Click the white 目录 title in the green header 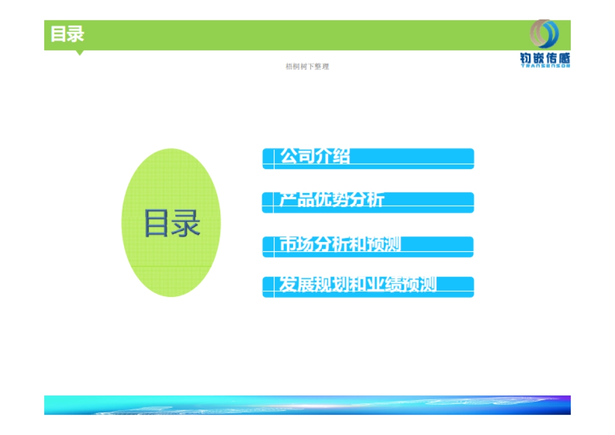pyautogui.click(x=67, y=34)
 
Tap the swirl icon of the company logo pyautogui.click(x=544, y=34)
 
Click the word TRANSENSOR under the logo pyautogui.click(x=545, y=66)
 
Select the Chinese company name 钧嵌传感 pyautogui.click(x=545, y=58)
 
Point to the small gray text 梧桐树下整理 pyautogui.click(x=307, y=67)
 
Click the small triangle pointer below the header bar pyautogui.click(x=79, y=52)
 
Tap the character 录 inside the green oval pyautogui.click(x=186, y=223)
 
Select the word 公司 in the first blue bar pyautogui.click(x=297, y=155)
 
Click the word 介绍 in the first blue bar pyautogui.click(x=333, y=155)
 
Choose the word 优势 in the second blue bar pyautogui.click(x=331, y=199)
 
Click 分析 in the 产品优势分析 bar pyautogui.click(x=366, y=199)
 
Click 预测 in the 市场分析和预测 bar pyautogui.click(x=383, y=244)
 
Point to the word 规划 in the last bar pyautogui.click(x=331, y=284)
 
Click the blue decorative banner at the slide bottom pyautogui.click(x=307, y=405)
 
